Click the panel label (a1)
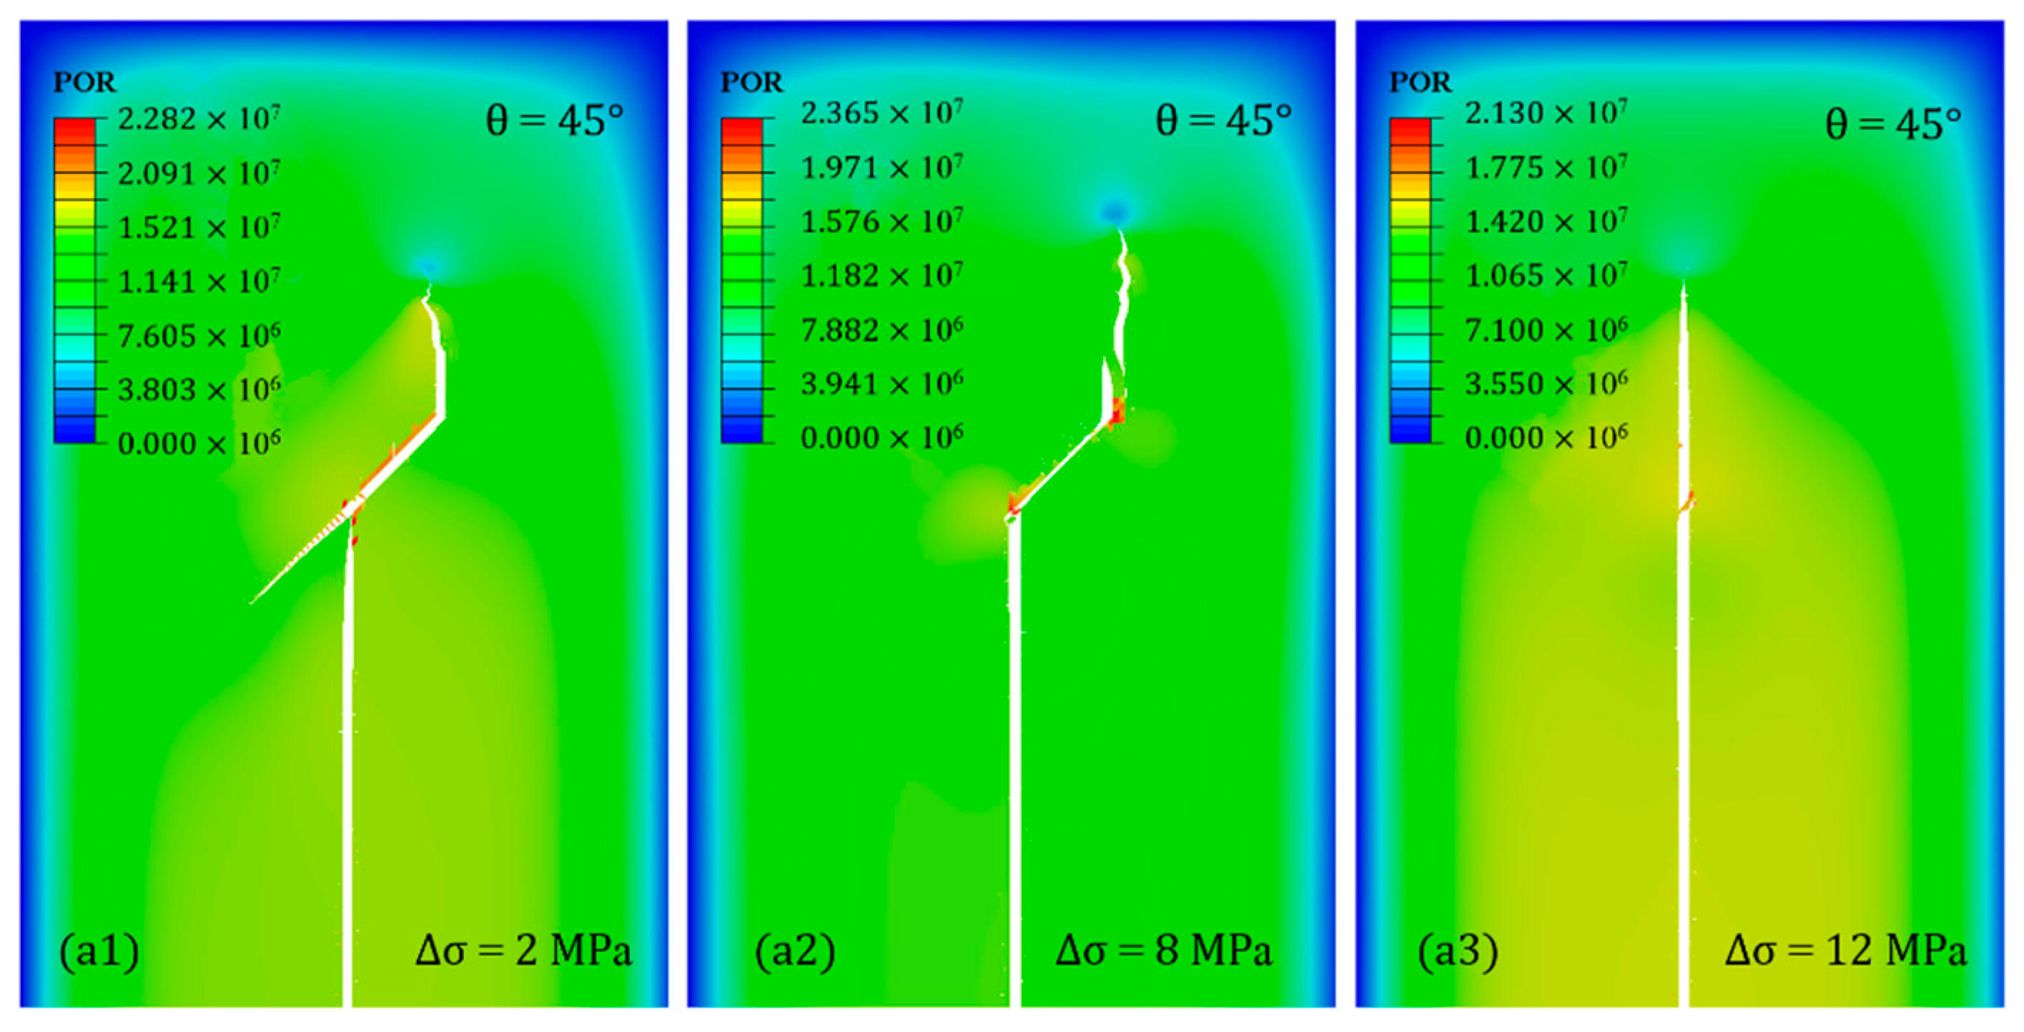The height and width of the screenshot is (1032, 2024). pyautogui.click(x=99, y=951)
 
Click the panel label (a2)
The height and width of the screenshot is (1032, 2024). pyautogui.click(x=794, y=951)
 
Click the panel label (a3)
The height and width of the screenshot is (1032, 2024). pyautogui.click(x=1458, y=951)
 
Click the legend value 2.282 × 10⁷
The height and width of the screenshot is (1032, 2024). pyautogui.click(x=199, y=119)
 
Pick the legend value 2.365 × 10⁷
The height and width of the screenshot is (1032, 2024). pyautogui.click(x=882, y=113)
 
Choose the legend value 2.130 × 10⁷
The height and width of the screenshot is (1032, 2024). pyautogui.click(x=1546, y=113)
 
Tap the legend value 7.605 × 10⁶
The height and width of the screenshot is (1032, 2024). pyautogui.click(x=199, y=336)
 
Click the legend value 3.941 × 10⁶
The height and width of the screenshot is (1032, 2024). pyautogui.click(x=882, y=384)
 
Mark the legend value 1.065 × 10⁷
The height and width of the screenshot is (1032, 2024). pyautogui.click(x=1546, y=276)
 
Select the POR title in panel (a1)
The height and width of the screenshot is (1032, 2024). pyautogui.click(x=84, y=82)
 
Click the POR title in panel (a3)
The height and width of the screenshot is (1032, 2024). pyautogui.click(x=1420, y=82)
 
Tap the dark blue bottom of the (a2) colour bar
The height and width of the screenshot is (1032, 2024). pyautogui.click(x=741, y=430)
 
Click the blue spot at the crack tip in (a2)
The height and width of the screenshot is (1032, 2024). pyautogui.click(x=1114, y=211)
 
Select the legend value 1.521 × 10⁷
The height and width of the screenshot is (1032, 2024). pyautogui.click(x=199, y=228)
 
